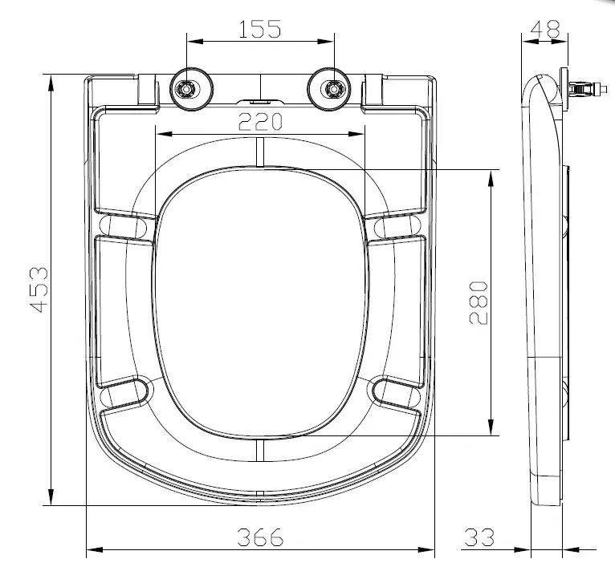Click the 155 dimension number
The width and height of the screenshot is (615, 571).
[260, 29]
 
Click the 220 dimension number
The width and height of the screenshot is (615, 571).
[260, 122]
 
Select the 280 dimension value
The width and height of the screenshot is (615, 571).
[478, 302]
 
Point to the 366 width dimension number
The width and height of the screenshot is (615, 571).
[260, 537]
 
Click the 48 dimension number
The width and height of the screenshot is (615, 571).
[545, 29]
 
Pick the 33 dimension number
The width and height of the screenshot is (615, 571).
[479, 537]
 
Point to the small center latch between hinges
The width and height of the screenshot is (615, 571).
[261, 102]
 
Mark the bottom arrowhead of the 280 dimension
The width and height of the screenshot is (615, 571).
[490, 431]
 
